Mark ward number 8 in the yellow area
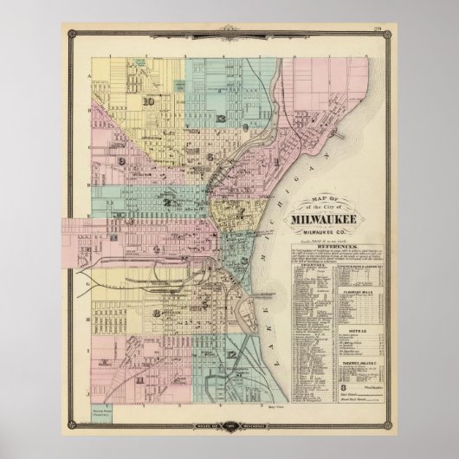(x=155, y=313)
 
